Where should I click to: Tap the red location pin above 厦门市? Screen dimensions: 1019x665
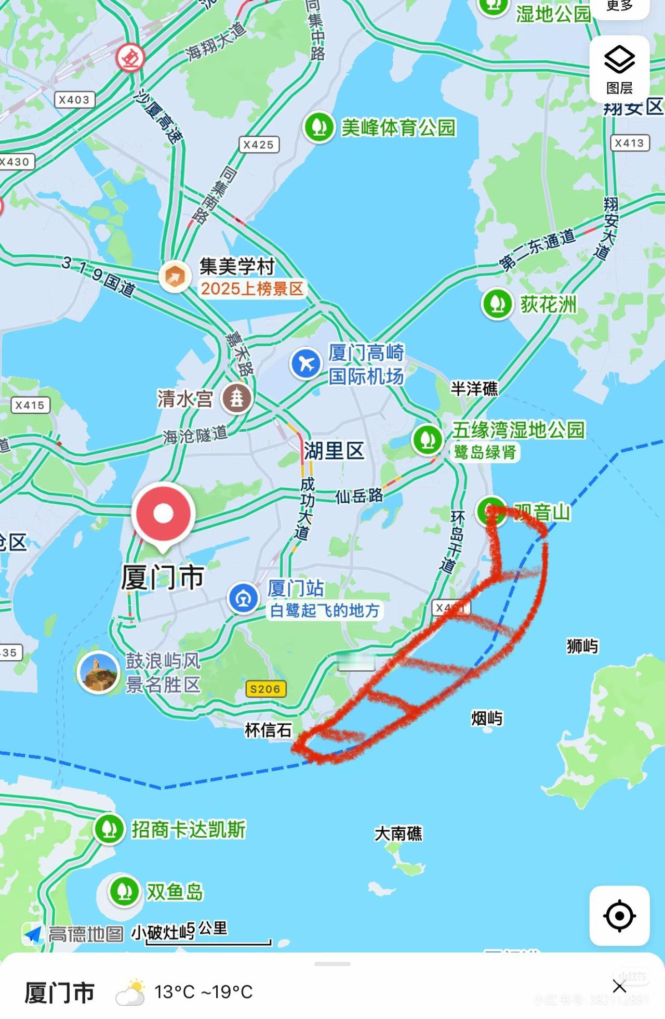pyautogui.click(x=163, y=514)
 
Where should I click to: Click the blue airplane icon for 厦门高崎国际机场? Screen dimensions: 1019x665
pyautogui.click(x=306, y=363)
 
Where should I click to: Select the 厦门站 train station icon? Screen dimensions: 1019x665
pyautogui.click(x=243, y=598)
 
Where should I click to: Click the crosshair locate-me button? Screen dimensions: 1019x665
pyautogui.click(x=619, y=916)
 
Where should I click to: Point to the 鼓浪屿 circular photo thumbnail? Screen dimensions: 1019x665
pyautogui.click(x=98, y=672)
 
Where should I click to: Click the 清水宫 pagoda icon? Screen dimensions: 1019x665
pyautogui.click(x=237, y=398)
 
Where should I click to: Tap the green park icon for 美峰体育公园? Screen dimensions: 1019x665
pyautogui.click(x=319, y=127)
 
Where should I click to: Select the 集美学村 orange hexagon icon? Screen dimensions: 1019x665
pyautogui.click(x=175, y=277)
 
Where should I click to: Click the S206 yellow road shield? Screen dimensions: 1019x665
pyautogui.click(x=265, y=689)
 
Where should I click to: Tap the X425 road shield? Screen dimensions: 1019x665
pyautogui.click(x=258, y=145)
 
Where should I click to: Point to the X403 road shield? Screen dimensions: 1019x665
pyautogui.click(x=74, y=99)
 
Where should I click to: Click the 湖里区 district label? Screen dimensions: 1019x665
pyautogui.click(x=334, y=451)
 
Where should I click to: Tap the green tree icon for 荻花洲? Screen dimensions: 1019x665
pyautogui.click(x=498, y=304)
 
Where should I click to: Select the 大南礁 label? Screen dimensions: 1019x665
pyautogui.click(x=398, y=833)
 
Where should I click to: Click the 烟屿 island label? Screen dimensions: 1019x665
pyautogui.click(x=487, y=718)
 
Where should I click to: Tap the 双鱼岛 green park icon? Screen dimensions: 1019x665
pyautogui.click(x=124, y=891)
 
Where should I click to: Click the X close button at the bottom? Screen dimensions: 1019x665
pyautogui.click(x=619, y=986)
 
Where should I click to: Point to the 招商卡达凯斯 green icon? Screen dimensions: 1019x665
pyautogui.click(x=109, y=829)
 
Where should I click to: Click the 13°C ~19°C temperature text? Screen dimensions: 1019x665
pyautogui.click(x=203, y=992)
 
